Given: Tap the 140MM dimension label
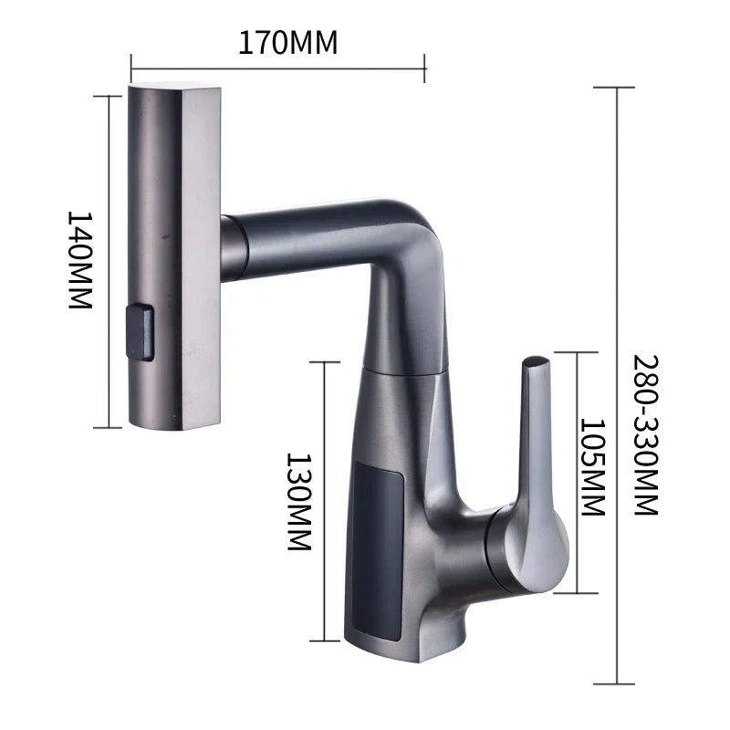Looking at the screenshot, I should (x=80, y=260).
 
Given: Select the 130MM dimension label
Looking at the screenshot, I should (x=299, y=501).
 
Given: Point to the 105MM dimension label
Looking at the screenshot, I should (x=593, y=468).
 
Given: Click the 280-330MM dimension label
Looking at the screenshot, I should (x=645, y=435).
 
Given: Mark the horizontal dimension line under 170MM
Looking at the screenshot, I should (x=278, y=65).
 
